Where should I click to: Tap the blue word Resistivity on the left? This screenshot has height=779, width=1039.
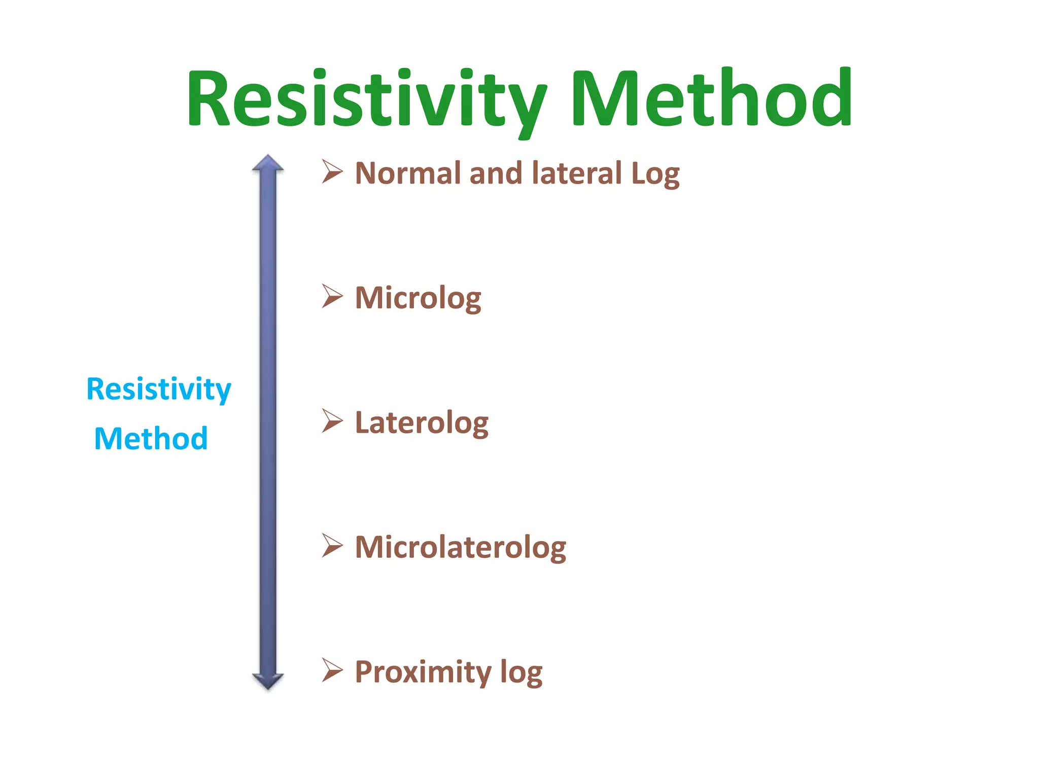[x=159, y=389]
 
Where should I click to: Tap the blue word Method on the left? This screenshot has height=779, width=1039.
[x=151, y=439]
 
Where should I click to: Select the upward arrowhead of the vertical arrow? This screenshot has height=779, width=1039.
[x=268, y=163]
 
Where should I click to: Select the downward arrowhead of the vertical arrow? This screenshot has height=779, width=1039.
[x=268, y=681]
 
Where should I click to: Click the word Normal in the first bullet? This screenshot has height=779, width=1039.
[x=409, y=173]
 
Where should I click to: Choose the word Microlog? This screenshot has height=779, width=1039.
[x=418, y=299]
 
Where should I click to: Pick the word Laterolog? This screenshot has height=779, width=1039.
[x=422, y=423]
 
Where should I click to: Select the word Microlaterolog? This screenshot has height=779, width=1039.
[x=460, y=548]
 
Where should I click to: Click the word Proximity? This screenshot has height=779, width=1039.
[x=423, y=672]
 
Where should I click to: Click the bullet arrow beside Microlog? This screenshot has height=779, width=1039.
[x=332, y=296]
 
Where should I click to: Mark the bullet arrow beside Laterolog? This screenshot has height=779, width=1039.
[x=332, y=421]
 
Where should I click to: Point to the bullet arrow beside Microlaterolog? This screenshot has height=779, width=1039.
[x=332, y=546]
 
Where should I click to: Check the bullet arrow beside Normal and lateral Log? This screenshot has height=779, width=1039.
[x=332, y=171]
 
